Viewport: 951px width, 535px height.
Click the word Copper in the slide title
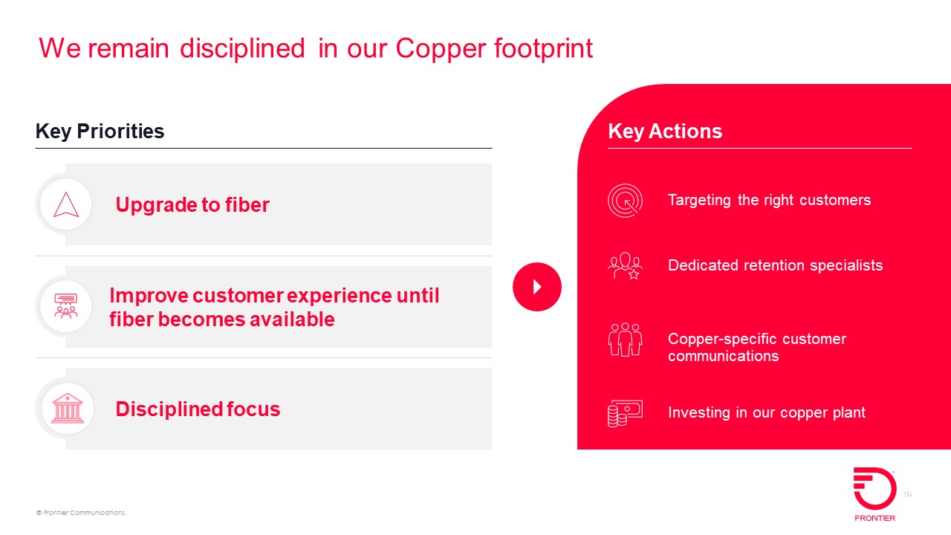pyautogui.click(x=441, y=50)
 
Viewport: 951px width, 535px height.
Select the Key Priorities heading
pyautogui.click(x=100, y=132)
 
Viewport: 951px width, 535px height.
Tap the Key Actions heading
pyautogui.click(x=665, y=132)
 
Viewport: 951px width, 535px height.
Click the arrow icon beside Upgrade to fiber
pyautogui.click(x=66, y=204)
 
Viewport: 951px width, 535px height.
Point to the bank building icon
pyautogui.click(x=67, y=408)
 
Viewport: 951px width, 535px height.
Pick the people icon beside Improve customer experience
pyautogui.click(x=66, y=305)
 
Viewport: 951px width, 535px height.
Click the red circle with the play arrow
pyautogui.click(x=537, y=287)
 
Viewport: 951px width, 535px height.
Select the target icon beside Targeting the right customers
pyautogui.click(x=625, y=201)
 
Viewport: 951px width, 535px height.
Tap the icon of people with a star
pyautogui.click(x=625, y=266)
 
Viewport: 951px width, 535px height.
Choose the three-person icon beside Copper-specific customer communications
pyautogui.click(x=625, y=340)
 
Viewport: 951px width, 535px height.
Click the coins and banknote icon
pyautogui.click(x=625, y=413)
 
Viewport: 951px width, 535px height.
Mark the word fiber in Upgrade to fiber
pyautogui.click(x=247, y=204)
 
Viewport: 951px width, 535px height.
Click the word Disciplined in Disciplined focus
pyautogui.click(x=169, y=409)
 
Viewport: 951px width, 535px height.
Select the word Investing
pyautogui.click(x=699, y=412)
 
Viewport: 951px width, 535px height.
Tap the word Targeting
pyautogui.click(x=699, y=201)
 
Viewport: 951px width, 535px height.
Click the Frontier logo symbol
pyautogui.click(x=874, y=488)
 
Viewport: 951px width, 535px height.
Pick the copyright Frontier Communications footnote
pyautogui.click(x=82, y=513)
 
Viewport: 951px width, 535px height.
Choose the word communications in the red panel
pyautogui.click(x=724, y=356)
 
